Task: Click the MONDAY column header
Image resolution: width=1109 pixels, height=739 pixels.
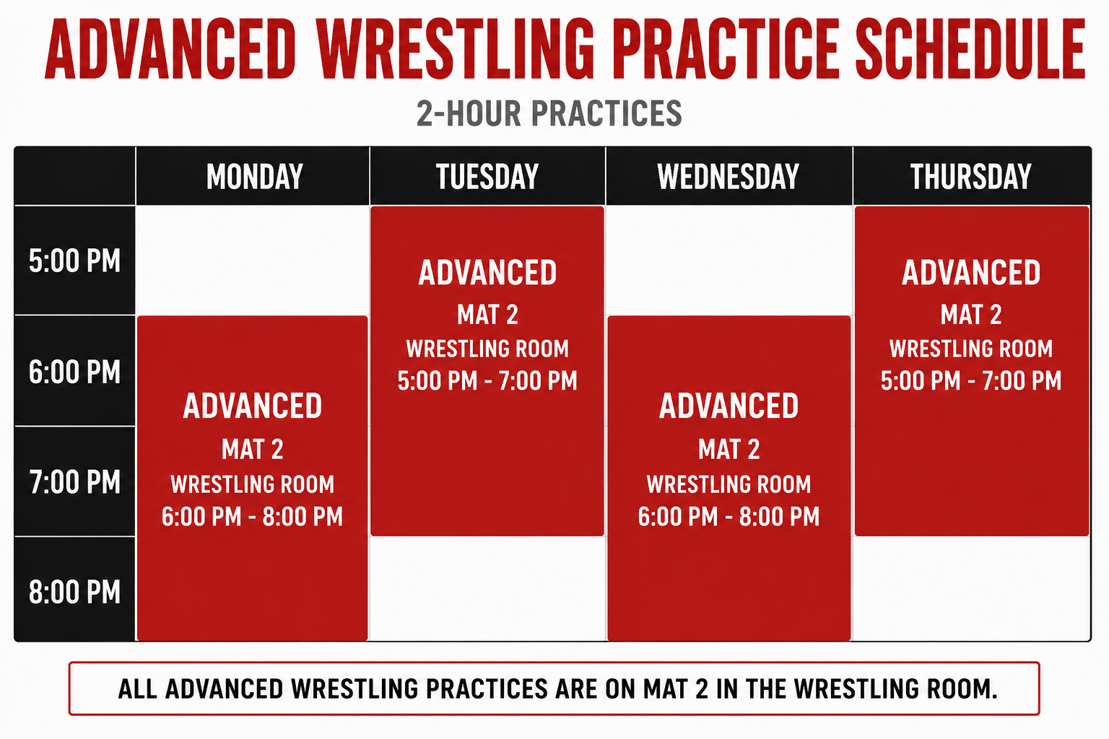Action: click(x=254, y=177)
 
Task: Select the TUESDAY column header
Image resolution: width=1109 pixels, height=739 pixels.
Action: click(x=487, y=177)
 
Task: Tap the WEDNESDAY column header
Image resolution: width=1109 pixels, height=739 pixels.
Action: click(x=729, y=177)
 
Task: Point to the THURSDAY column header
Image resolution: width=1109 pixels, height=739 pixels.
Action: click(x=971, y=177)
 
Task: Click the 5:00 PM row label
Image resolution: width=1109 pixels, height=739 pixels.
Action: click(x=75, y=261)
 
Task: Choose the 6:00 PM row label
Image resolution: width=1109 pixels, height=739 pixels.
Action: click(x=75, y=372)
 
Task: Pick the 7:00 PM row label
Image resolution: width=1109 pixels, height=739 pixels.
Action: click(x=75, y=482)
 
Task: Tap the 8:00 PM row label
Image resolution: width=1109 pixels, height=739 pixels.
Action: click(x=75, y=592)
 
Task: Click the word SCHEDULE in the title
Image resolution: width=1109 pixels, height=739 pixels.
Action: click(x=970, y=49)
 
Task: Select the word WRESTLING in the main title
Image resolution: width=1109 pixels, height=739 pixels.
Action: click(x=456, y=49)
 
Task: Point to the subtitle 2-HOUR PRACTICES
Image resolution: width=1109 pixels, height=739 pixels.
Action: click(x=549, y=113)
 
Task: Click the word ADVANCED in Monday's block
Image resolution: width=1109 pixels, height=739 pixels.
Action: click(x=253, y=406)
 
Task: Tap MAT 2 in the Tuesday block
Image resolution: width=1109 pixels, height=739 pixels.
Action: click(x=487, y=315)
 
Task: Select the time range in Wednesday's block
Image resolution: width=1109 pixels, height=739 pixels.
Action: click(x=729, y=516)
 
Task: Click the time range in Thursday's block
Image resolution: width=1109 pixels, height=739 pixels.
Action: click(x=971, y=380)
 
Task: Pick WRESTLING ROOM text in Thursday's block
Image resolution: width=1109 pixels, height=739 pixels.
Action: click(x=971, y=349)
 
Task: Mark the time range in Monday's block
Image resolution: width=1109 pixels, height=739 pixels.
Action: click(x=253, y=516)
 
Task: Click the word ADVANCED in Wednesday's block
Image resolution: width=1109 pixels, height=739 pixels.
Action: click(x=729, y=406)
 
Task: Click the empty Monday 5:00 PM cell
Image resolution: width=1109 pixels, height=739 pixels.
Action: click(x=253, y=261)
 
